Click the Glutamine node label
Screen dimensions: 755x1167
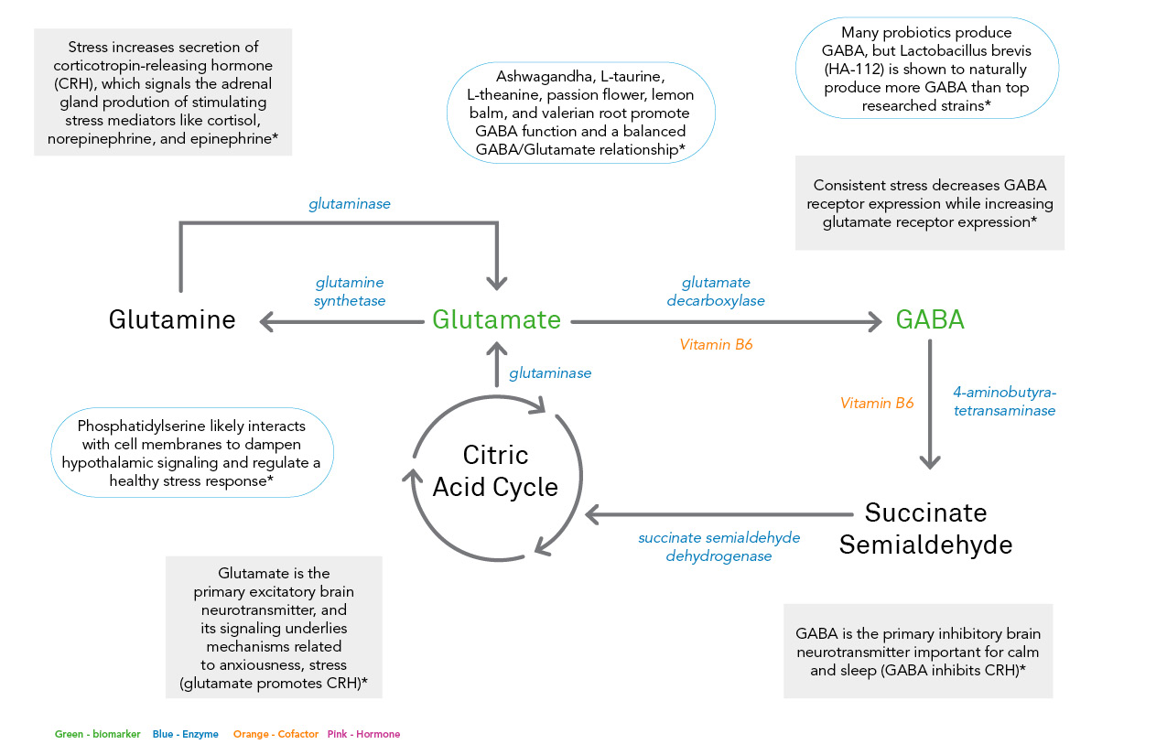(x=172, y=319)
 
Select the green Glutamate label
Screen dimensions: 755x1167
(x=496, y=319)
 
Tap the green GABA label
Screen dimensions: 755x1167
(x=930, y=319)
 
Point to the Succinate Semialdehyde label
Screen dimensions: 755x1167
(x=925, y=529)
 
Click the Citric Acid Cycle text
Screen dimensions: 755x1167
(x=495, y=470)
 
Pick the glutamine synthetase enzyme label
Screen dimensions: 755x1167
(x=350, y=291)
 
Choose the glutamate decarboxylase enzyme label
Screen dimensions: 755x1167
(x=716, y=291)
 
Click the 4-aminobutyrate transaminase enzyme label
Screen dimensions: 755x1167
(x=1004, y=401)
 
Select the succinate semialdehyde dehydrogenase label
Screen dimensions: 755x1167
(x=719, y=546)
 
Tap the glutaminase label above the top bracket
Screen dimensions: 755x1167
(x=350, y=204)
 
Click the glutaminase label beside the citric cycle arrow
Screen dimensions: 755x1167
(x=550, y=373)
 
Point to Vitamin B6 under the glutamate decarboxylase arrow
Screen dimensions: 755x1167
(x=716, y=345)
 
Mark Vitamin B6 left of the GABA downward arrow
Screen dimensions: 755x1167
(x=877, y=403)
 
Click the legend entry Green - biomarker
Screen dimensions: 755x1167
(x=97, y=734)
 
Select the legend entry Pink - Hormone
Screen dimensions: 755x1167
(x=363, y=734)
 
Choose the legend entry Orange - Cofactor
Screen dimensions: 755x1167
(x=276, y=734)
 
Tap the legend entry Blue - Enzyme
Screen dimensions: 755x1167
(x=186, y=734)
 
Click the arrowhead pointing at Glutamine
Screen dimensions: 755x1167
(x=266, y=321)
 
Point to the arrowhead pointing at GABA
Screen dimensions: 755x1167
(x=874, y=321)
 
